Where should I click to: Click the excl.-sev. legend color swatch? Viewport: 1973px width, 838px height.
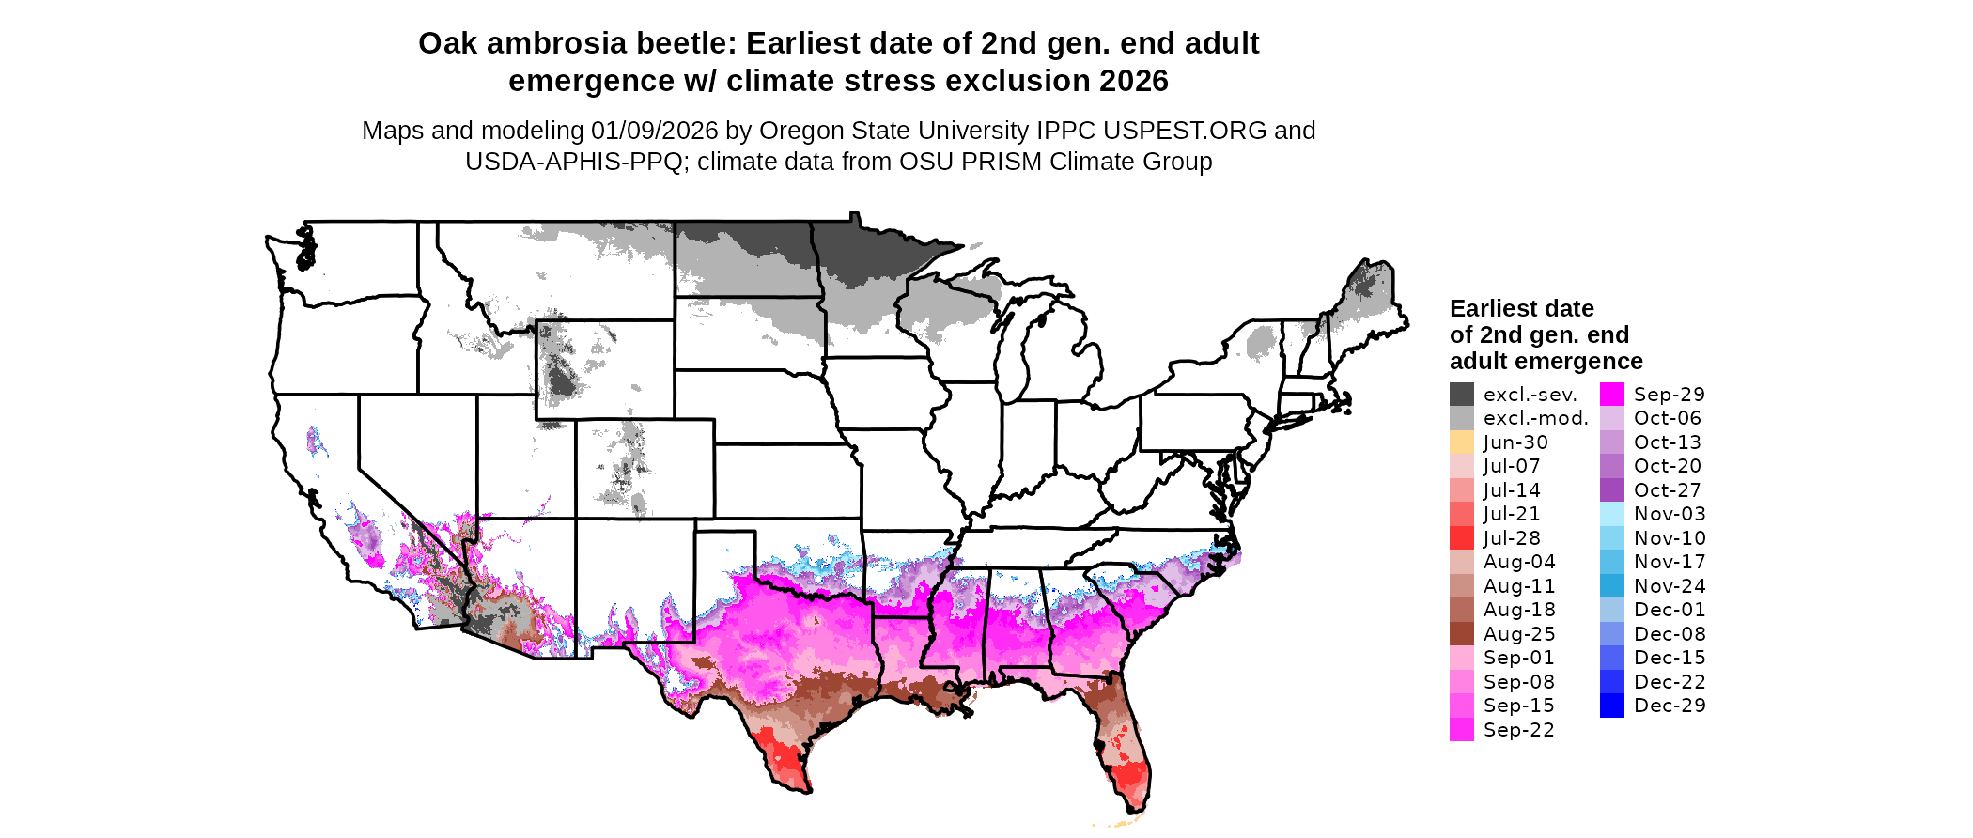(x=1461, y=395)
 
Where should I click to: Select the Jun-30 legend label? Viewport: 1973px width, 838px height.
(x=1515, y=442)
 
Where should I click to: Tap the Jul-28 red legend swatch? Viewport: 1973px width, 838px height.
(x=1461, y=538)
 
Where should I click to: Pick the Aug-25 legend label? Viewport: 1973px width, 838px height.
(x=1519, y=634)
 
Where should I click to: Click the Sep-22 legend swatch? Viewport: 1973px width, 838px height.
(x=1461, y=730)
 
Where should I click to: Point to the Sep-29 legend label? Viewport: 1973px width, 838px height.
(x=1669, y=395)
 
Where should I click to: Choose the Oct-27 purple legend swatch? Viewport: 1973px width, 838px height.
(x=1611, y=490)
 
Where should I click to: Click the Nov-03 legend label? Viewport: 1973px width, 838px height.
(x=1670, y=514)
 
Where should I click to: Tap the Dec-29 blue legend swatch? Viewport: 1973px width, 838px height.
(x=1611, y=706)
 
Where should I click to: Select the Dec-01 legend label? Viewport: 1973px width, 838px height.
(x=1670, y=610)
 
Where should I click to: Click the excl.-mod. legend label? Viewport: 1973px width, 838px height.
(x=1535, y=418)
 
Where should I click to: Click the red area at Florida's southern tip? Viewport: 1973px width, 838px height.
(x=1131, y=779)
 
